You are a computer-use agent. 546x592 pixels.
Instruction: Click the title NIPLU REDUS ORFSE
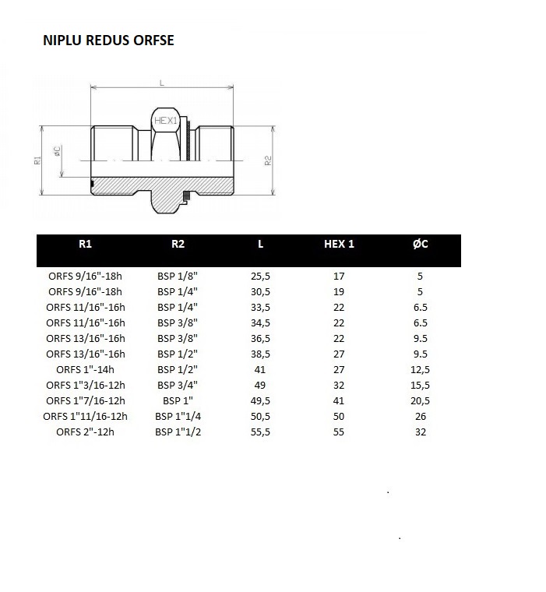[x=108, y=41]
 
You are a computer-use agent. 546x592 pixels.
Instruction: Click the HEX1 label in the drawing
[x=165, y=121]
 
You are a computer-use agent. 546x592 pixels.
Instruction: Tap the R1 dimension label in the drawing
[x=37, y=160]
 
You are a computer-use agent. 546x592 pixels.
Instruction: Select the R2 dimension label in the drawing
[x=267, y=160]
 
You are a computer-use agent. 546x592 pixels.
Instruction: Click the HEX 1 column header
[x=339, y=244]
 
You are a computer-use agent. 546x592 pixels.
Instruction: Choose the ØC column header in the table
[x=421, y=244]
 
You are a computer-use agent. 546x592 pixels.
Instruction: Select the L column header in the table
[x=260, y=244]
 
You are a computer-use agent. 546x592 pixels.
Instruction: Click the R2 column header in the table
[x=178, y=244]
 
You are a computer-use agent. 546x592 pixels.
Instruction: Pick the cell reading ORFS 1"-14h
[x=86, y=369]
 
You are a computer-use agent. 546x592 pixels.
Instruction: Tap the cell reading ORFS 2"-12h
[x=86, y=432]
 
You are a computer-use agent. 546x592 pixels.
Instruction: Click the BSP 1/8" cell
[x=177, y=276]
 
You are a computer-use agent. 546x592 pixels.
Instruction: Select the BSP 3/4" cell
[x=177, y=385]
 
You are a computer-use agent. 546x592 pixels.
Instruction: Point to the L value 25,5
[x=260, y=276]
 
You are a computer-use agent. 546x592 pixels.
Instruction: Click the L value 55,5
[x=260, y=432]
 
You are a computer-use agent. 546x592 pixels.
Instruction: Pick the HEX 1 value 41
[x=339, y=400]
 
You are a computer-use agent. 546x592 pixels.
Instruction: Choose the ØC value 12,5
[x=421, y=369]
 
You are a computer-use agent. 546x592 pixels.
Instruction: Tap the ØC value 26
[x=421, y=416]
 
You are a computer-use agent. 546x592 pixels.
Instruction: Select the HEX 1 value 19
[x=339, y=291]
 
